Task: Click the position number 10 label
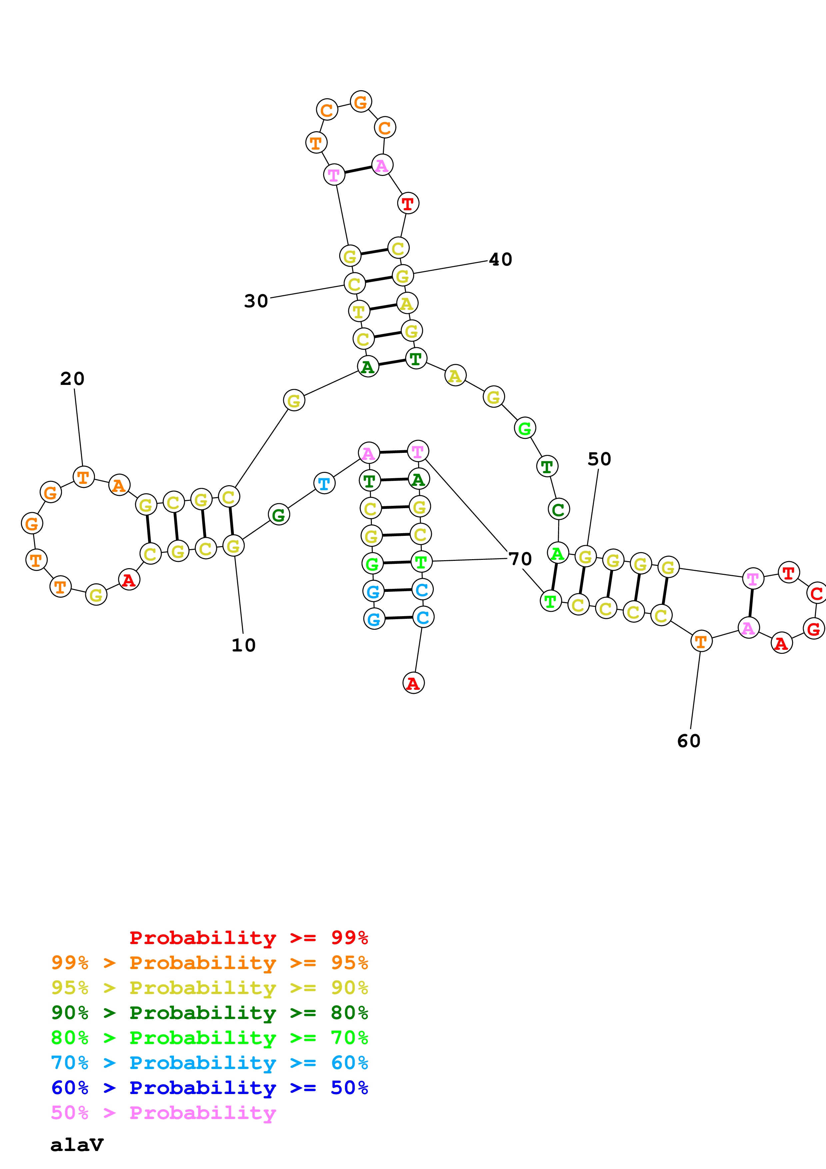coord(243,645)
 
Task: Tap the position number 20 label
coord(72,379)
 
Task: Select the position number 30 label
coord(256,301)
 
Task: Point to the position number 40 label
coord(500,259)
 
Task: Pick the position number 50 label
coord(599,459)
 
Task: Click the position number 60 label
coord(689,741)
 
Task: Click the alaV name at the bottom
coord(77,1145)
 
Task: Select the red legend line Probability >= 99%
coord(248,937)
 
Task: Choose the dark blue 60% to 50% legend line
coord(209,1088)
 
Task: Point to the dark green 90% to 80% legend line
coord(209,1013)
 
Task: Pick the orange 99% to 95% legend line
coord(209,963)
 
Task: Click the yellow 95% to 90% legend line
coord(209,988)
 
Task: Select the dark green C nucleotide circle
coord(558,509)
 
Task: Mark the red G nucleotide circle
coord(813,629)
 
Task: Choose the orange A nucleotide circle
coord(119,485)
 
